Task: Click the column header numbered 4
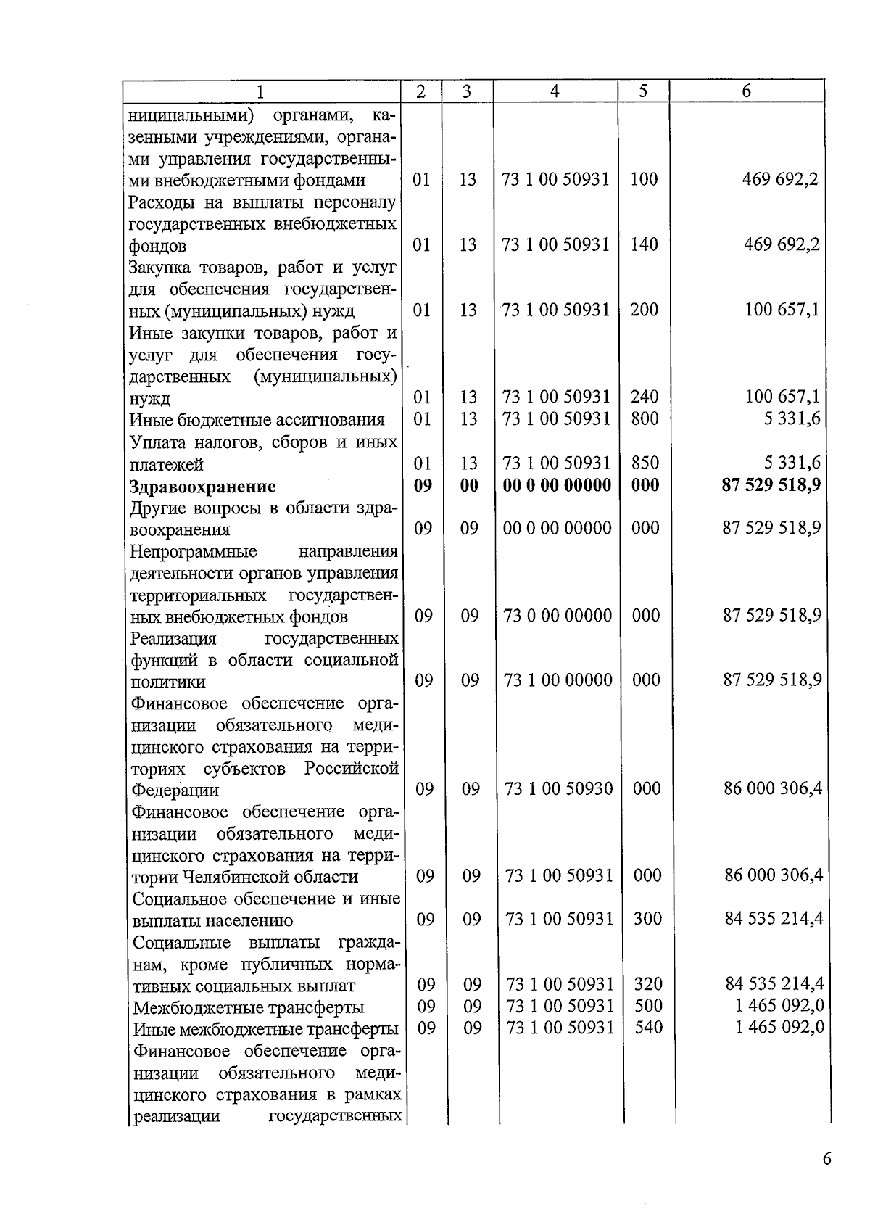[555, 91]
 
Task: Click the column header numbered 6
[746, 91]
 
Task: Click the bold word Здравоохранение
[202, 487]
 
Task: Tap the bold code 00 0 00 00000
[557, 485]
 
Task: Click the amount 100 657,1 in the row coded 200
[782, 310]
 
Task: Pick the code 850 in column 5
[645, 463]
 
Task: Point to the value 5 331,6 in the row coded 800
[792, 418]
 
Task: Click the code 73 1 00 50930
[558, 789]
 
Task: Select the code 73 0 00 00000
[558, 616]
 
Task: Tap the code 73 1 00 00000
[558, 680]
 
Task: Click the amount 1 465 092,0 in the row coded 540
[779, 1028]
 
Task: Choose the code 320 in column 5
[648, 984]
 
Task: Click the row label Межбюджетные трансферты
[248, 1007]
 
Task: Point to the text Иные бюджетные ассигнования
[257, 421]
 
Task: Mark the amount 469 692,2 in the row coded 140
[782, 245]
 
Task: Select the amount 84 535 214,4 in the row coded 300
[774, 920]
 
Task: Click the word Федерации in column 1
[175, 790]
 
